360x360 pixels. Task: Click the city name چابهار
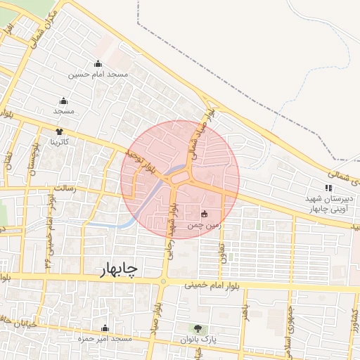click(115, 270)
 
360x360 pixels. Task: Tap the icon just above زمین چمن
click(205, 214)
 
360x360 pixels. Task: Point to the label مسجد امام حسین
click(98, 75)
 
